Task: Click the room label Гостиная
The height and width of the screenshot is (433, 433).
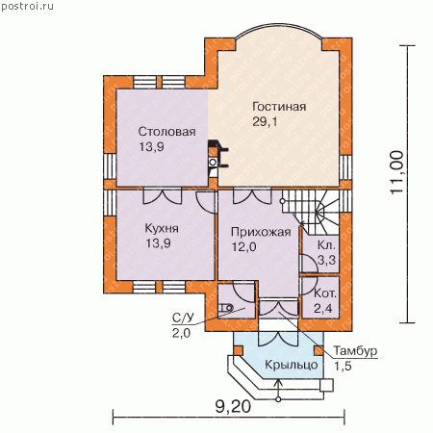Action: click(279, 107)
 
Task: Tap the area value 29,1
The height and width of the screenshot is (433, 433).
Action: click(265, 122)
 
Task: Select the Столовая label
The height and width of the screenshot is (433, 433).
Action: click(166, 132)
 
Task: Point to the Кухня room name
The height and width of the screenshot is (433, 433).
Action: click(162, 228)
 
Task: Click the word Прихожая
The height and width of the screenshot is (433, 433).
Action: click(261, 232)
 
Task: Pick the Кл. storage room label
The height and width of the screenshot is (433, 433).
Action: click(326, 245)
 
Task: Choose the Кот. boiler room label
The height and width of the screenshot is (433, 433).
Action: click(325, 293)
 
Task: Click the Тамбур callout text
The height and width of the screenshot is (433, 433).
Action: click(355, 350)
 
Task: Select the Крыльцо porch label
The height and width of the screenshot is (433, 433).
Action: click(292, 365)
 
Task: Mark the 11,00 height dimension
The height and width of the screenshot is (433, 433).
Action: click(397, 172)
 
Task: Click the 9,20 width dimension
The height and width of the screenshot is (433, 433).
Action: click(233, 407)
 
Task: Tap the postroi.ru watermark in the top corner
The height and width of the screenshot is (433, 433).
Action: click(27, 6)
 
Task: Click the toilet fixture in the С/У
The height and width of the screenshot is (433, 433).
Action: click(225, 308)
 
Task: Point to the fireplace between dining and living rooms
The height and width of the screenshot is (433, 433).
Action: click(217, 158)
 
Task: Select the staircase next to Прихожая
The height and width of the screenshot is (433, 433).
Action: click(310, 212)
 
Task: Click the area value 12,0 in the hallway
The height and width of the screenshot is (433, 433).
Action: click(243, 247)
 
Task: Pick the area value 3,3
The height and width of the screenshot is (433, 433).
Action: click(326, 260)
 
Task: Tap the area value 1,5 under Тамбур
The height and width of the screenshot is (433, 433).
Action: click(343, 366)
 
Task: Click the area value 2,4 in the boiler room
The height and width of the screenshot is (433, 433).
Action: click(322, 308)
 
